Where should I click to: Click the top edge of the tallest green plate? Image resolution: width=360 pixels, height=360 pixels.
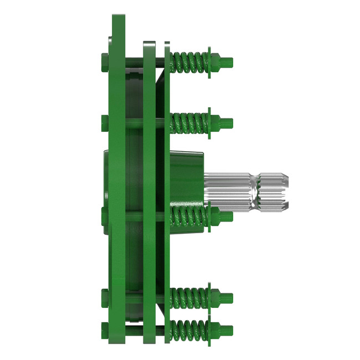tap(118, 17)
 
